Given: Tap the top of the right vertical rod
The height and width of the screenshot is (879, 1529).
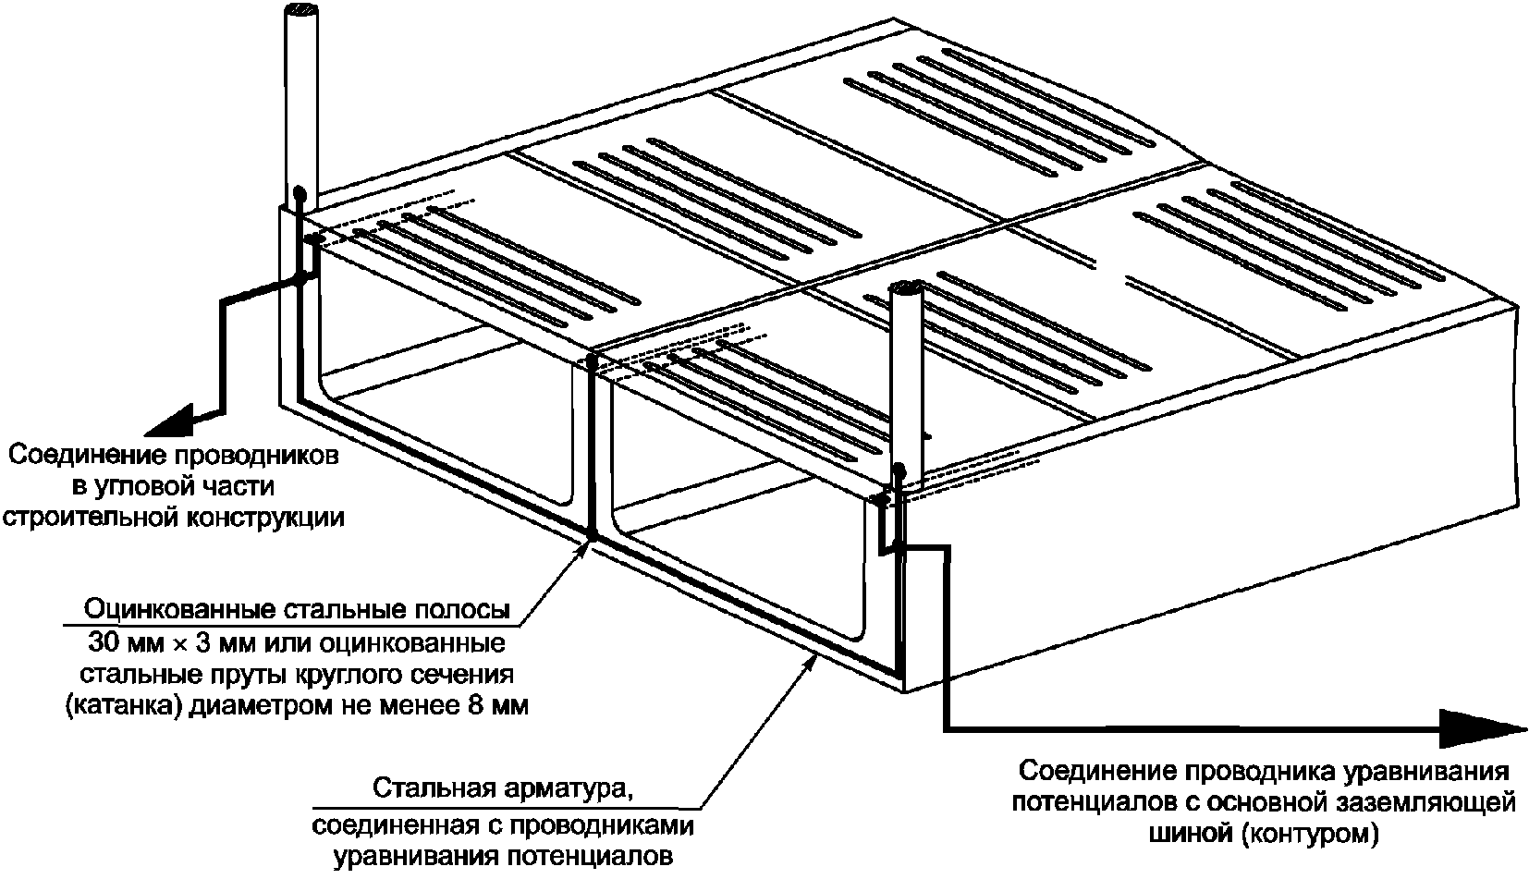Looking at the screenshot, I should pos(905,289).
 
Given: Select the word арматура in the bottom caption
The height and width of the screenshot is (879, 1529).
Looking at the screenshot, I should pos(573,789).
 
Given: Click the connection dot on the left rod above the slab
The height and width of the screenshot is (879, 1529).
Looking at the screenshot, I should pos(300,194).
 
